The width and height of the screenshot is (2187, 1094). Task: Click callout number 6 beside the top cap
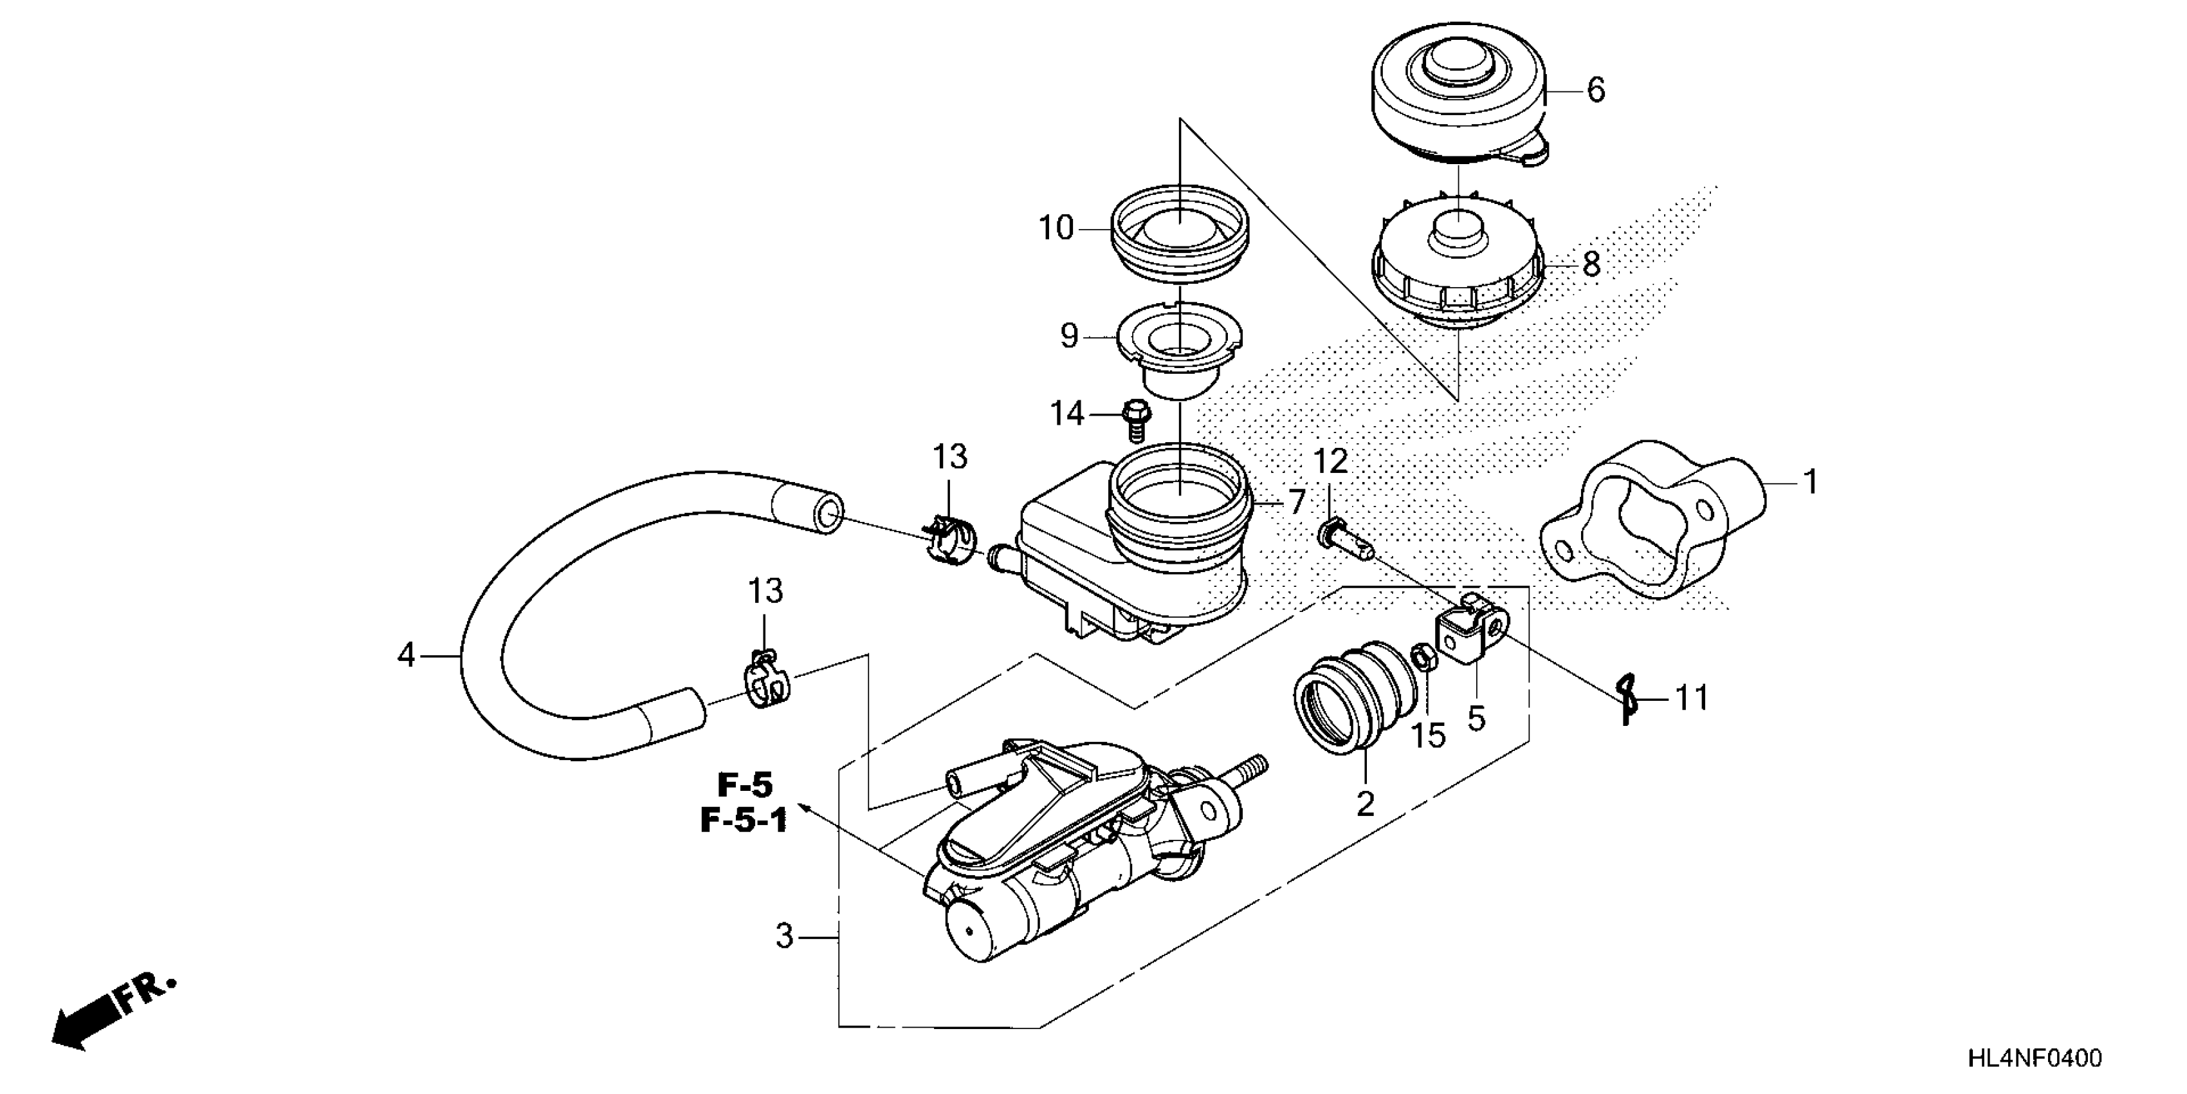tap(1595, 90)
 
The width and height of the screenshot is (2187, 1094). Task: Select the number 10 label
tap(1056, 228)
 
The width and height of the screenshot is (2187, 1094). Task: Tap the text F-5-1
tap(744, 821)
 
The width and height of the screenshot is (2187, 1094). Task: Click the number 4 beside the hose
tap(407, 656)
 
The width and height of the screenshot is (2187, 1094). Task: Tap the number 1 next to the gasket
tap(1810, 483)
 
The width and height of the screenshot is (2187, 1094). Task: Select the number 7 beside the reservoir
tap(1295, 503)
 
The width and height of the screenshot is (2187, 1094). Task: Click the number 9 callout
tap(1069, 337)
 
